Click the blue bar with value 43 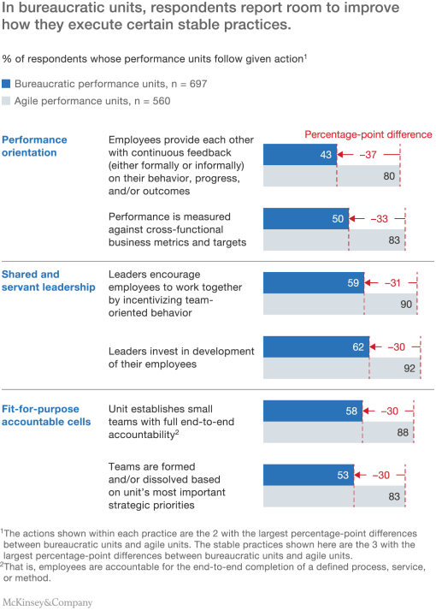coord(299,154)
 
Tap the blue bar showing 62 coord(316,346)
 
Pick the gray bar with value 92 coord(342,369)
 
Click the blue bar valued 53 coord(309,475)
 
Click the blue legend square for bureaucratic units coord(7,84)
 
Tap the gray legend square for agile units coord(7,100)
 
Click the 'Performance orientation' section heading coord(34,145)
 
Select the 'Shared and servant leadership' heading coord(44,281)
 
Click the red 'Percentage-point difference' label coord(368,134)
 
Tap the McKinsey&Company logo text coord(47,602)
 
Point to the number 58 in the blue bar coord(351,411)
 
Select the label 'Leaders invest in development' coord(181,352)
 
